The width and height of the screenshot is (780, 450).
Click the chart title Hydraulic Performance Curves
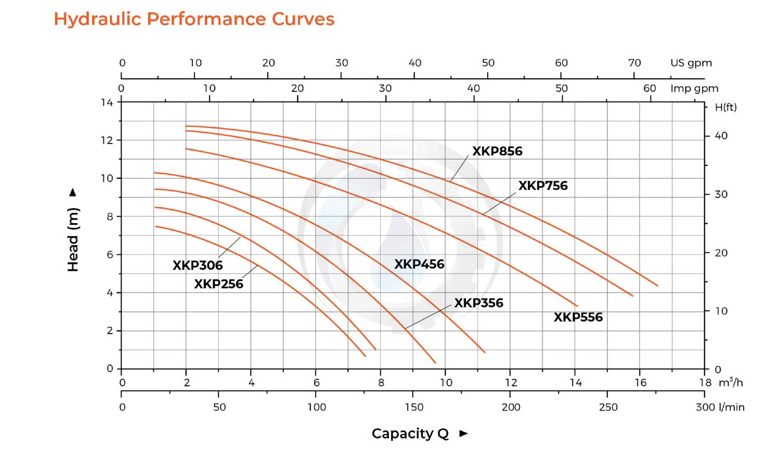[194, 19]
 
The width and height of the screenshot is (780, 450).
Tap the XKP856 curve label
[497, 151]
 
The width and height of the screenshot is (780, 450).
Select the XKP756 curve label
[543, 186]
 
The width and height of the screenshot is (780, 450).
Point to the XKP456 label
[419, 264]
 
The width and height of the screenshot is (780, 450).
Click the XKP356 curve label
[478, 303]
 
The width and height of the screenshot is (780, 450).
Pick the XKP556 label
[578, 317]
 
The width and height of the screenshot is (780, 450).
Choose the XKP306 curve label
[198, 265]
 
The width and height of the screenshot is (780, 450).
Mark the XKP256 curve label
[218, 284]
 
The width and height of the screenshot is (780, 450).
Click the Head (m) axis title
[73, 239]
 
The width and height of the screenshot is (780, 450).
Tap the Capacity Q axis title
[410, 433]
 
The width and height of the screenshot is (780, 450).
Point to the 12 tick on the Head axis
[107, 140]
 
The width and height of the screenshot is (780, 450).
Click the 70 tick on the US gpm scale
[634, 63]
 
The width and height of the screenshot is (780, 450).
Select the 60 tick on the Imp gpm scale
[649, 88]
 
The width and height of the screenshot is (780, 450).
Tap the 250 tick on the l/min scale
[608, 407]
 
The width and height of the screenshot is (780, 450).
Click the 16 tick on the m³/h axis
[640, 383]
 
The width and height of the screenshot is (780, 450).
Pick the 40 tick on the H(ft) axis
[721, 136]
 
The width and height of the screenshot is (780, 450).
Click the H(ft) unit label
[725, 108]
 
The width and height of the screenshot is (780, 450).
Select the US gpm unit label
[691, 63]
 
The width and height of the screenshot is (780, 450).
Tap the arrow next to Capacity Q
[464, 433]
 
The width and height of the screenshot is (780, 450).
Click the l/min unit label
[732, 407]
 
